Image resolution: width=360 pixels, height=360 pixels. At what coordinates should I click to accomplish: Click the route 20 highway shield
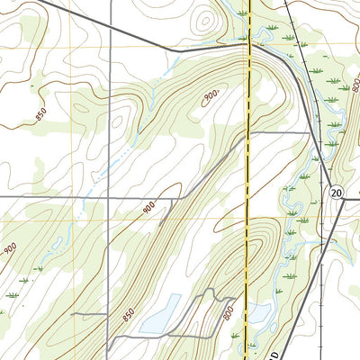pyautogui.click(x=336, y=193)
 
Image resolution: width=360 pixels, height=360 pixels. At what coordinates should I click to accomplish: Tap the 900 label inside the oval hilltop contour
pyautogui.click(x=211, y=96)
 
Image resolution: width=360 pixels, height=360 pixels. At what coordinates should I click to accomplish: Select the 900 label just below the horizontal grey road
pyautogui.click(x=149, y=208)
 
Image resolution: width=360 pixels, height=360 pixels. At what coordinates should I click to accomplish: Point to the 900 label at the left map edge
pyautogui.click(x=9, y=248)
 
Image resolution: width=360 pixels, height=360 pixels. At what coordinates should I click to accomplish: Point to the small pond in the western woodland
pyautogui.click(x=55, y=241)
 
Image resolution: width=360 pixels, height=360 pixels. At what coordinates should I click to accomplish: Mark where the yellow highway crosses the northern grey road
pyautogui.click(x=248, y=42)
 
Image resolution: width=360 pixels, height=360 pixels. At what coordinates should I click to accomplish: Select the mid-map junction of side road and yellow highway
pyautogui.click(x=247, y=133)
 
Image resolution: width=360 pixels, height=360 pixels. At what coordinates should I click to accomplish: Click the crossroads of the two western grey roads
pyautogui.click(x=108, y=196)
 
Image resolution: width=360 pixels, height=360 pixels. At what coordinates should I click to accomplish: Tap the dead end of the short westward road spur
pyautogui.click(x=74, y=313)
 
